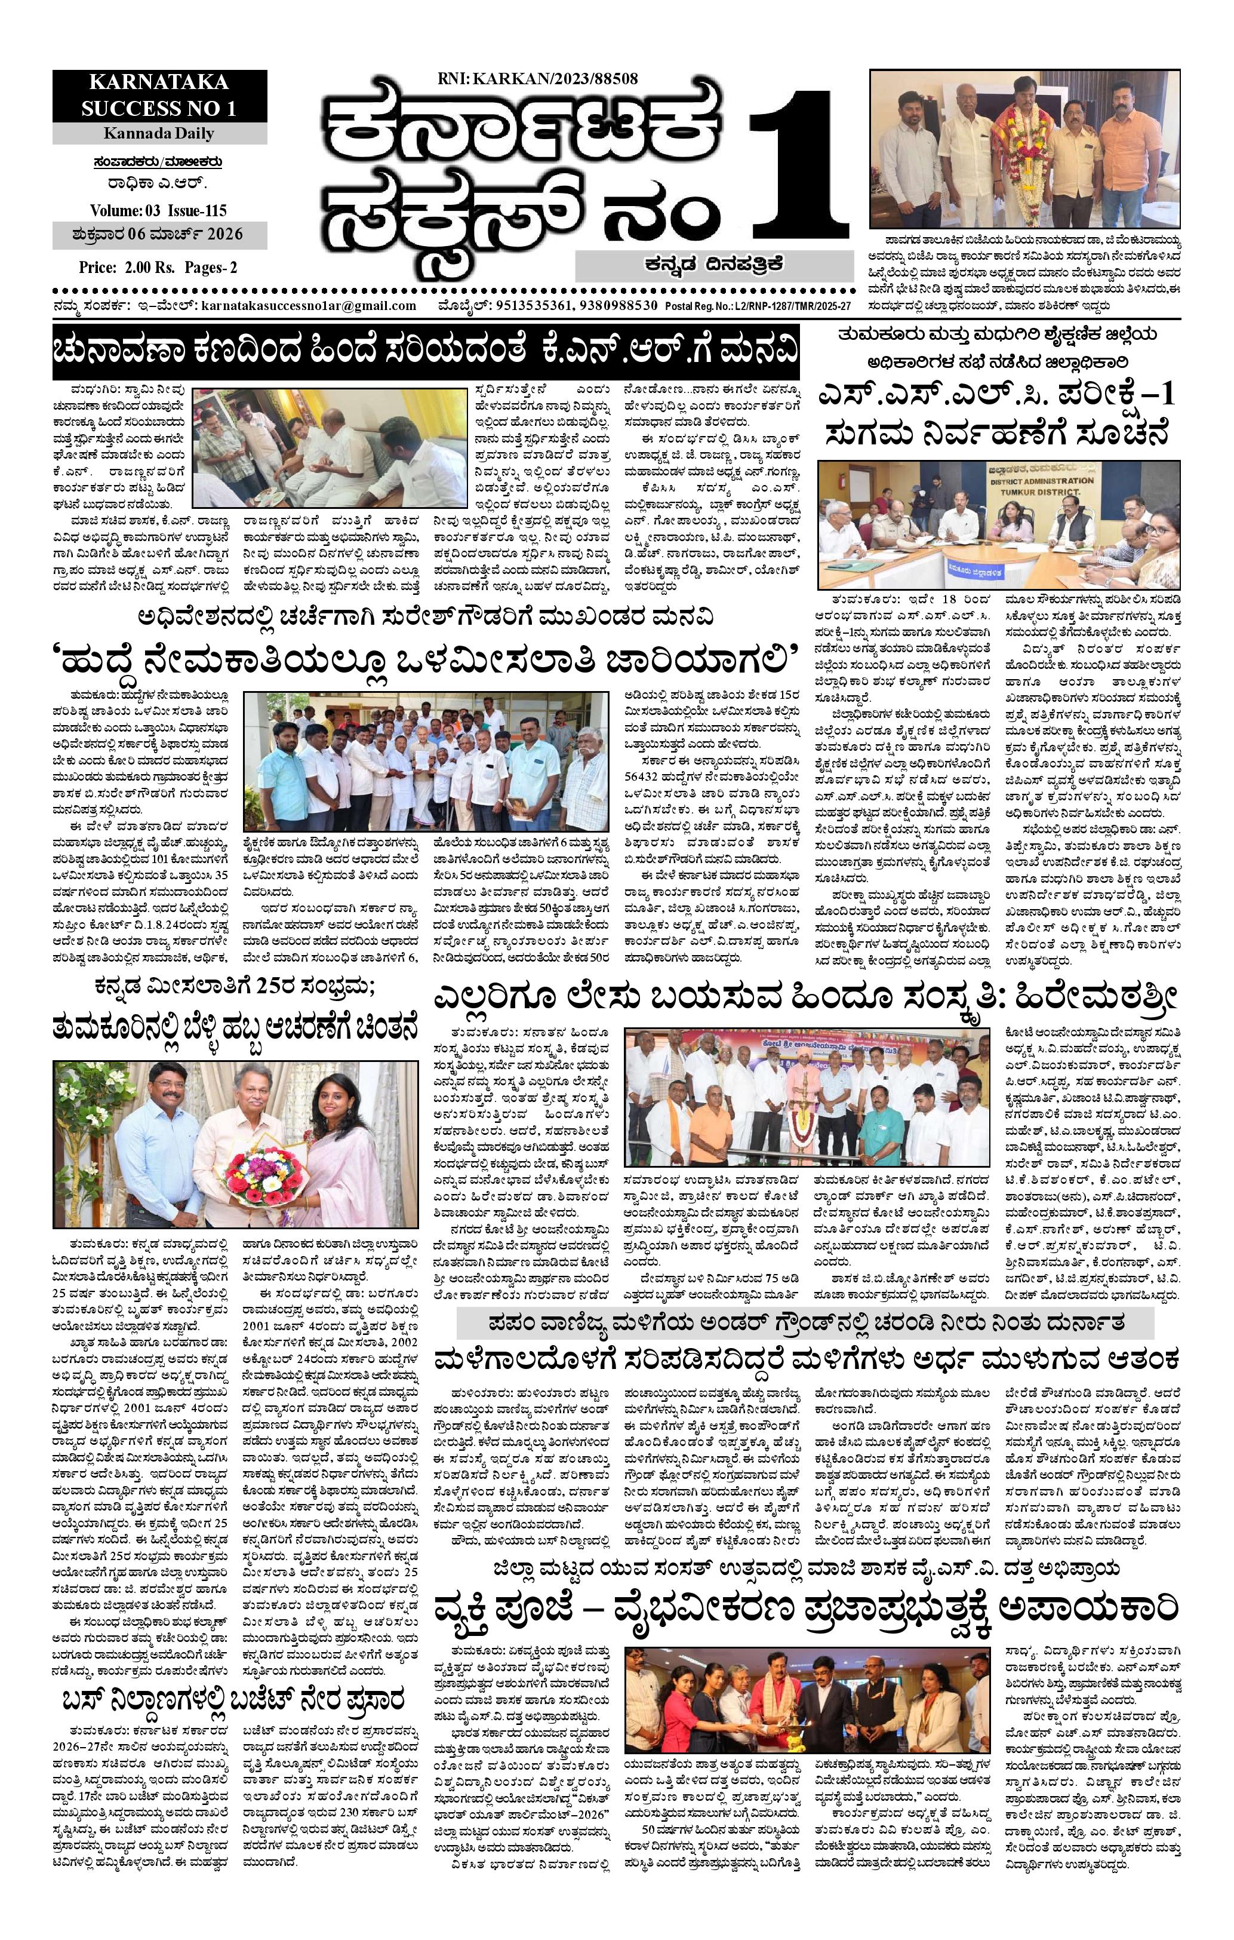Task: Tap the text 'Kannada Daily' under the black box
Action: point(159,134)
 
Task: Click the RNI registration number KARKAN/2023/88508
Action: point(537,78)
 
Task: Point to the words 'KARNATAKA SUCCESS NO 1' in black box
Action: point(159,95)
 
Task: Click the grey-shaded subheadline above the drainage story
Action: point(805,1324)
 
